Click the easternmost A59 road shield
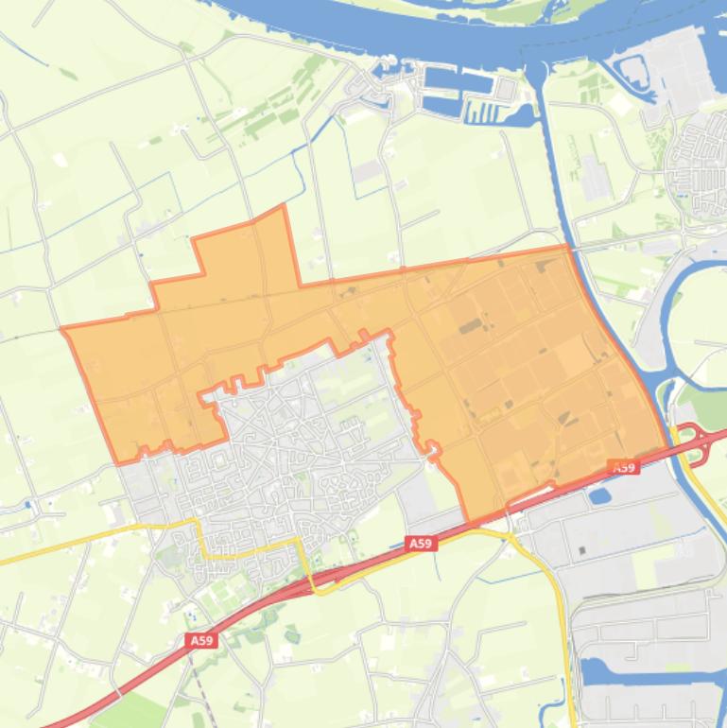(x=623, y=467)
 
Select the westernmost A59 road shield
(x=201, y=640)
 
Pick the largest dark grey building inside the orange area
(x=470, y=326)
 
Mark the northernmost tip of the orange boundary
(x=283, y=206)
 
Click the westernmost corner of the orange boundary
(x=62, y=330)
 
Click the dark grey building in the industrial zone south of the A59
(x=582, y=550)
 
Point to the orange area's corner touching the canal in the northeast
(x=567, y=247)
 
